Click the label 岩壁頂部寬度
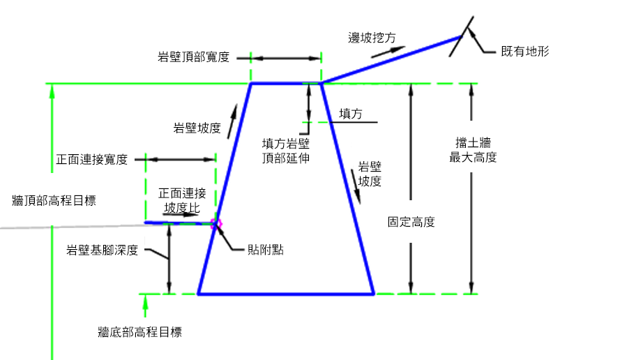[194, 57]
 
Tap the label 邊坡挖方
[372, 38]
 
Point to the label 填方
[351, 114]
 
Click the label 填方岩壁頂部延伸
[286, 150]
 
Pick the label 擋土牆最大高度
[473, 150]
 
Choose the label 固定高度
[411, 223]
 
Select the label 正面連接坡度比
[182, 200]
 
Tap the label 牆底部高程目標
[140, 332]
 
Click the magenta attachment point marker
[216, 223]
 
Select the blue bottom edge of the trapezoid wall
[286, 294]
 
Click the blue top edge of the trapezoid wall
[279, 84]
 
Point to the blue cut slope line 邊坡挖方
[391, 60]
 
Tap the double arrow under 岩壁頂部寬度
[285, 58]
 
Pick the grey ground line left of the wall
[70, 226]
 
